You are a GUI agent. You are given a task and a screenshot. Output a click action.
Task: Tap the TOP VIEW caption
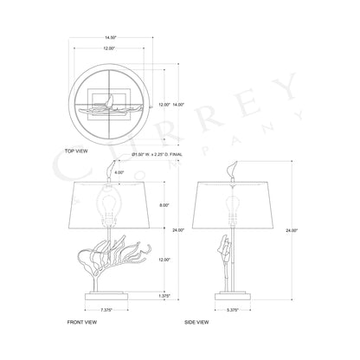point(78,149)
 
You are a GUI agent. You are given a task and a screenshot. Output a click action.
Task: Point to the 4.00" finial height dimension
point(94,173)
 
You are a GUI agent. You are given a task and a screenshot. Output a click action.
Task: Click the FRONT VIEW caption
point(81,322)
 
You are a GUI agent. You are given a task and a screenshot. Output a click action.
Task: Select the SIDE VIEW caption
point(197,322)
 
